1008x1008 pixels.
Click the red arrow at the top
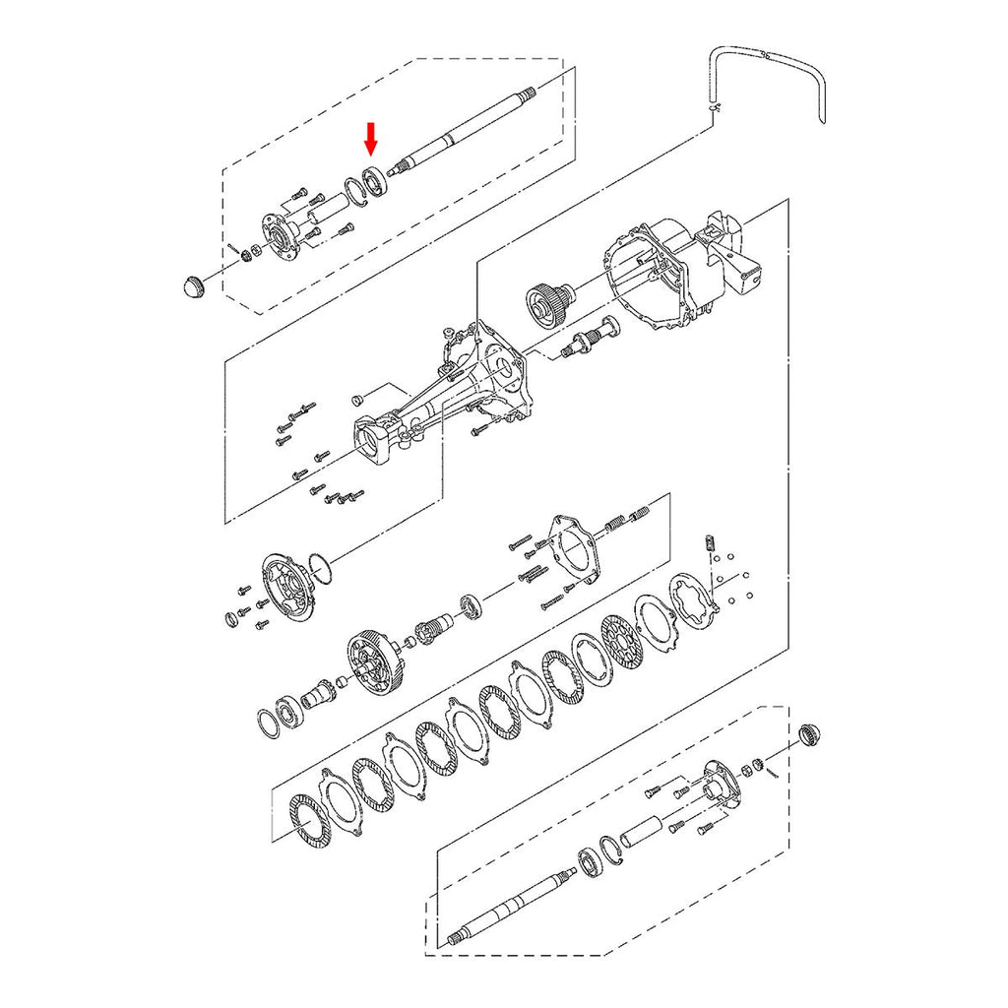(x=371, y=139)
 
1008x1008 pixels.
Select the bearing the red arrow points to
(x=375, y=179)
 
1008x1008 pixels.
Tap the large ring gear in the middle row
(x=373, y=664)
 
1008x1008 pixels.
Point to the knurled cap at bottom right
(x=809, y=733)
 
